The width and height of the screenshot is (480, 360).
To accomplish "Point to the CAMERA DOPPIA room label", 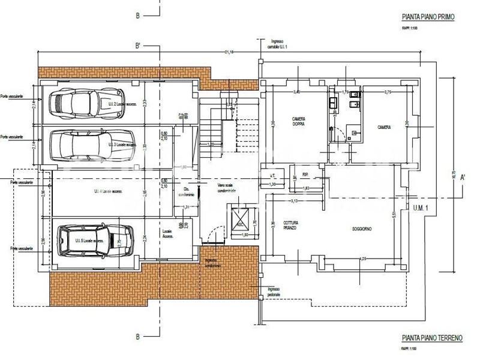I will coord(299,122).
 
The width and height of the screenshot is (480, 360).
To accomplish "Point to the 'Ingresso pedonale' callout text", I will coord(274,292).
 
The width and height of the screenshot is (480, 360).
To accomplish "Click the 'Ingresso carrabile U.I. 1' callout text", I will coord(271,44).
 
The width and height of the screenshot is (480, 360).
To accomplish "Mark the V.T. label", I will coord(272,176).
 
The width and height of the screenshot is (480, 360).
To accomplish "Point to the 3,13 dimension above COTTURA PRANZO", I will coord(294,200).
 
